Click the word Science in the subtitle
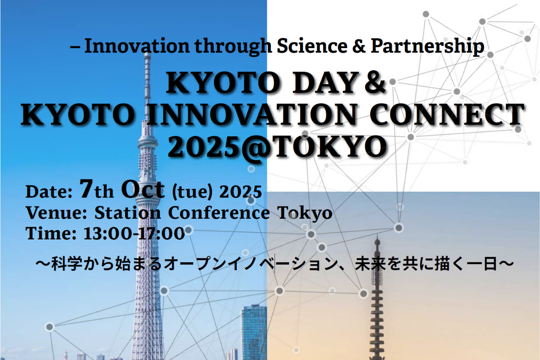312,46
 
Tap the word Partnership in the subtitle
427,47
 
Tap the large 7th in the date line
96,189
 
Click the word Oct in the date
143,189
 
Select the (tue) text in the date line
192,192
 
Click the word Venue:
56,213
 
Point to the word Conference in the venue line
219,213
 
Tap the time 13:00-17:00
134,234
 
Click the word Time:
51,234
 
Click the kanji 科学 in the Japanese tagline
67,264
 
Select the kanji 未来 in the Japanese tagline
370,264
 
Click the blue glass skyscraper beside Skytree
254,332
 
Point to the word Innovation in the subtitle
137,46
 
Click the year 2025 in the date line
240,192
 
